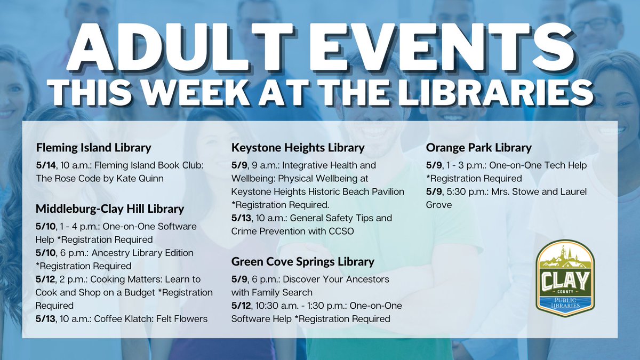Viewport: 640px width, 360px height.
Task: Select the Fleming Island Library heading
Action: click(93, 147)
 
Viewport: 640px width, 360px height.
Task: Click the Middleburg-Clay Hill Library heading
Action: click(109, 209)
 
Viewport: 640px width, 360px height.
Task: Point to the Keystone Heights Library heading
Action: click(298, 147)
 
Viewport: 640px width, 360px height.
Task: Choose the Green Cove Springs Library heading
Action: click(302, 261)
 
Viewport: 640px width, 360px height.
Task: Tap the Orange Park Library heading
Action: click(478, 147)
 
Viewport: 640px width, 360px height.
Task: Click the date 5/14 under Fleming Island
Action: click(45, 165)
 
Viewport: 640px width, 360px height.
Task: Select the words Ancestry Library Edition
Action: click(143, 252)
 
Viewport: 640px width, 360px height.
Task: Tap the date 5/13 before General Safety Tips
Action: click(241, 218)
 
